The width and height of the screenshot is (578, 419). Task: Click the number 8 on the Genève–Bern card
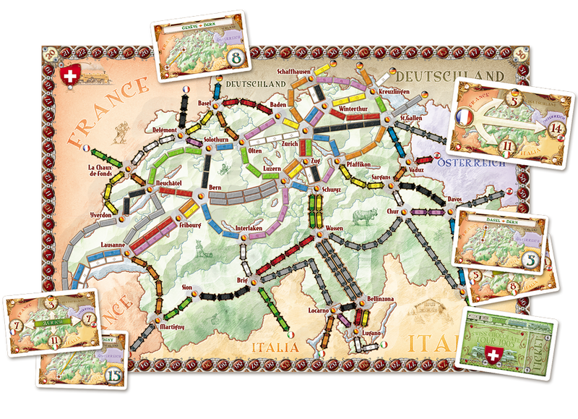(x=234, y=56)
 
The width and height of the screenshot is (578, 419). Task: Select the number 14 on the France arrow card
(x=534, y=128)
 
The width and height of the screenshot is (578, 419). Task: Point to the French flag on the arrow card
(x=465, y=116)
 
